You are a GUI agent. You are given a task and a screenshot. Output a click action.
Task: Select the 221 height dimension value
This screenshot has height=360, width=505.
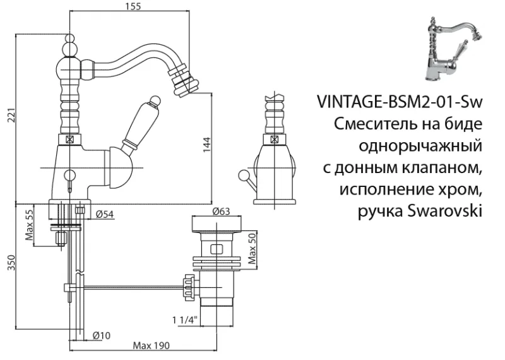(x=8, y=116)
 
